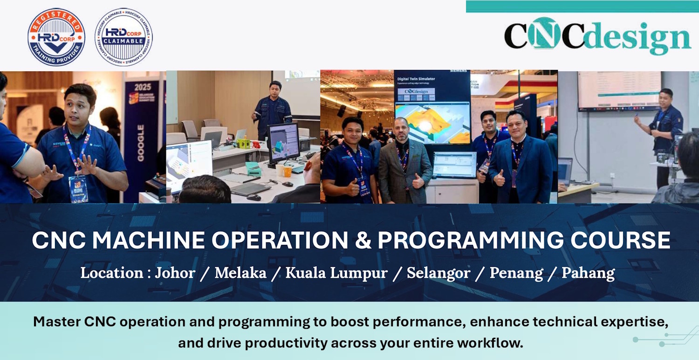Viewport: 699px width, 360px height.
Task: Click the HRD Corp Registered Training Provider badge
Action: [56, 37]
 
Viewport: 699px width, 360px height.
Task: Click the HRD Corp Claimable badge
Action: [123, 37]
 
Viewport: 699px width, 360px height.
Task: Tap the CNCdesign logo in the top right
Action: [597, 36]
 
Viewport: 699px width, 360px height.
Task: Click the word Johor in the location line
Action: [175, 273]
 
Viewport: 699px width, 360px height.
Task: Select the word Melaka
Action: [240, 273]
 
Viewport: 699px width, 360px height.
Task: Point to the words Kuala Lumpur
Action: [336, 273]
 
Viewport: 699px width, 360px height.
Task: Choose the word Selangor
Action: [438, 273]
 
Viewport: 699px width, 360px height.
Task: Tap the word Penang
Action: [516, 273]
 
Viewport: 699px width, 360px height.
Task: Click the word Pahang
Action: [588, 273]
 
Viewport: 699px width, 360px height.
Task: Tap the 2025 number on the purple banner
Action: [143, 87]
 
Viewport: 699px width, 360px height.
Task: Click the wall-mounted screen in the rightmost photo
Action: [619, 91]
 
